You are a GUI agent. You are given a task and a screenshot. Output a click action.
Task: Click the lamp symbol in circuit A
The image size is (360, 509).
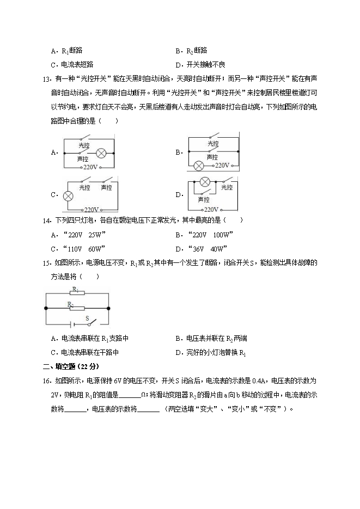[x=101, y=153]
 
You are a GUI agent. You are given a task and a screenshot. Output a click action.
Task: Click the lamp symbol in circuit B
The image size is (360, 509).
[x=199, y=165]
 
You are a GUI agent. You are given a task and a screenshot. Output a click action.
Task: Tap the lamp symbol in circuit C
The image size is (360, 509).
[x=69, y=197]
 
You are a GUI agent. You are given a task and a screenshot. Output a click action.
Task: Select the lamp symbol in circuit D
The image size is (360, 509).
[x=205, y=182]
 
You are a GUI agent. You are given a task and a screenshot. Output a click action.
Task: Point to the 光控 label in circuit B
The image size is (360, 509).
[x=213, y=144]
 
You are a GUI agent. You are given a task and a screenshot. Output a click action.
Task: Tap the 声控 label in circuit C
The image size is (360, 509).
[x=106, y=188]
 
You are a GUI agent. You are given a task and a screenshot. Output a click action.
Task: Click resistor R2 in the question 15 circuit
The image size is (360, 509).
[x=77, y=308]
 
